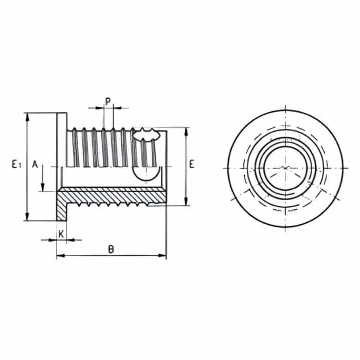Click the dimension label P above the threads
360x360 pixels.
coord(107,100)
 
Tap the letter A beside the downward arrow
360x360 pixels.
coord(35,164)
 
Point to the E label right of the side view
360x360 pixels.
coord(191,165)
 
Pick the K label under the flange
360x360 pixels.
coord(61,233)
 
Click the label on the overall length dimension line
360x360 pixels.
coord(111,249)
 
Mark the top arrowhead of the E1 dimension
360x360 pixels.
coord(26,116)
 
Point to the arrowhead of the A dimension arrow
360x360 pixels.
coord(44,188)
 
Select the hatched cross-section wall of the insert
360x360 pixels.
coord(113,195)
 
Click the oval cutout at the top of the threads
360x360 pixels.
coord(146,136)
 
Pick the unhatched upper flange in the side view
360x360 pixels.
coord(61,149)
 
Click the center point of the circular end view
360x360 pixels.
coord(285,168)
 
